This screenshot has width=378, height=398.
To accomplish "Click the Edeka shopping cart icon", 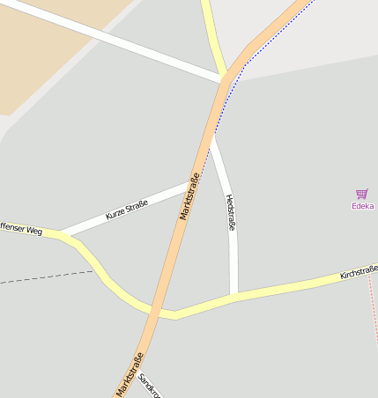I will coord(361,194).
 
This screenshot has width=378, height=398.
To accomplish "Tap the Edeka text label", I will coord(362,206).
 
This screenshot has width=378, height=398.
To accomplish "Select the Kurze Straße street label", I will coord(127,210).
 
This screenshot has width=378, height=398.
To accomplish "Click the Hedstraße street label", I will coord(231,213).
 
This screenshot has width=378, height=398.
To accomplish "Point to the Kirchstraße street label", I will coord(359,272).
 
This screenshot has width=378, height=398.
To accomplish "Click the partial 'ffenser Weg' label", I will coord(21,230).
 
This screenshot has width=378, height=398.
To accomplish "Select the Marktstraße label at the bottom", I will coord(130,374).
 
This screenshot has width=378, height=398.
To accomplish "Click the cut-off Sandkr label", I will coord(147,385).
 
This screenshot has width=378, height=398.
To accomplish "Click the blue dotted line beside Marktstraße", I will coord(264,44).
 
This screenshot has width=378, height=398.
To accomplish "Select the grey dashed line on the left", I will coord(44,278).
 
